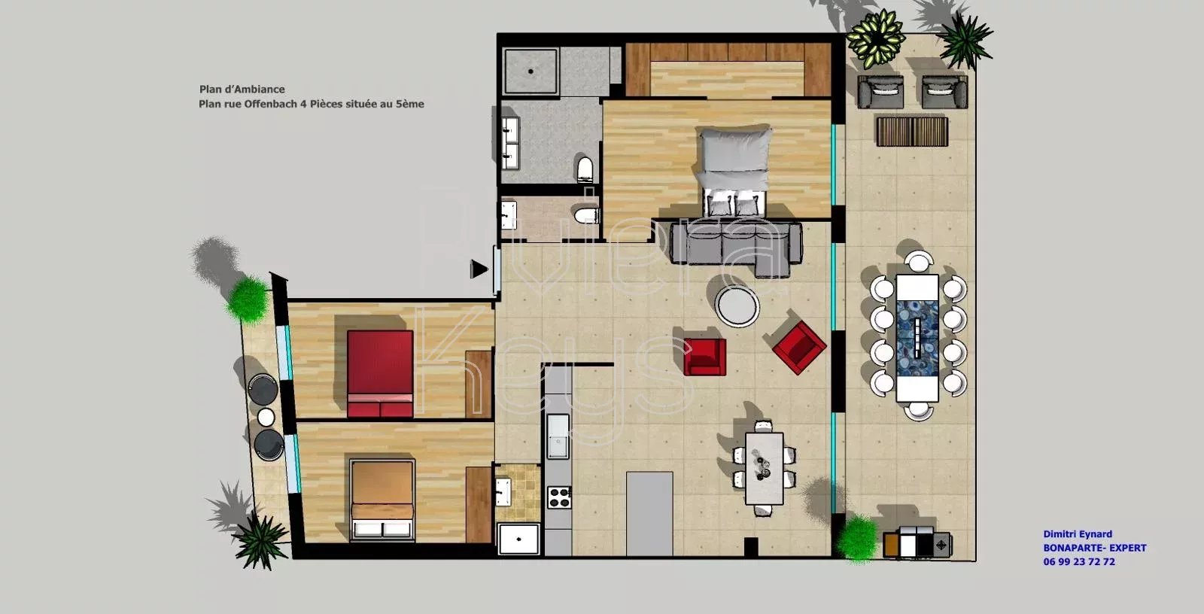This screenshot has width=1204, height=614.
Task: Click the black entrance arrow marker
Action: tap(479, 269)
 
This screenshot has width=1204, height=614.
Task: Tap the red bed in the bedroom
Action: tap(380, 374)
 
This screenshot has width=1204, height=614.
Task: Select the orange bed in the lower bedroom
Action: tap(382, 500)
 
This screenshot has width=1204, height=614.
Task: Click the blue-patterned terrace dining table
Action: tap(917, 338)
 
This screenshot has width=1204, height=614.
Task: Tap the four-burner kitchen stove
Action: tap(559, 497)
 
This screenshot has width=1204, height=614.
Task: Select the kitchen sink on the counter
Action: tap(558, 436)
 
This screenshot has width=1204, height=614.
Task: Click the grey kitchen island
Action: tap(649, 513)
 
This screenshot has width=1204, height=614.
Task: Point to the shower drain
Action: tap(531, 71)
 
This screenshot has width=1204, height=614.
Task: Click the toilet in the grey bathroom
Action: tap(584, 168)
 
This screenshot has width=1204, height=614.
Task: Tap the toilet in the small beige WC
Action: tap(586, 216)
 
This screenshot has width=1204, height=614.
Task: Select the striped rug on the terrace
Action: tap(911, 131)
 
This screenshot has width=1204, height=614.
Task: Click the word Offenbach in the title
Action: tap(270, 105)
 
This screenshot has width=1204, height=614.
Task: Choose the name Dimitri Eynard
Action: tap(1078, 534)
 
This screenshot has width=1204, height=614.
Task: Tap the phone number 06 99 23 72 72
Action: tap(1079, 562)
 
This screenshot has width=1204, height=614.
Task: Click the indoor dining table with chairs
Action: tap(764, 468)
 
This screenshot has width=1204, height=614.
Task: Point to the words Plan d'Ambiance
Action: tap(242, 90)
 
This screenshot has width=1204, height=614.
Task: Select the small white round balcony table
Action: tap(266, 417)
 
